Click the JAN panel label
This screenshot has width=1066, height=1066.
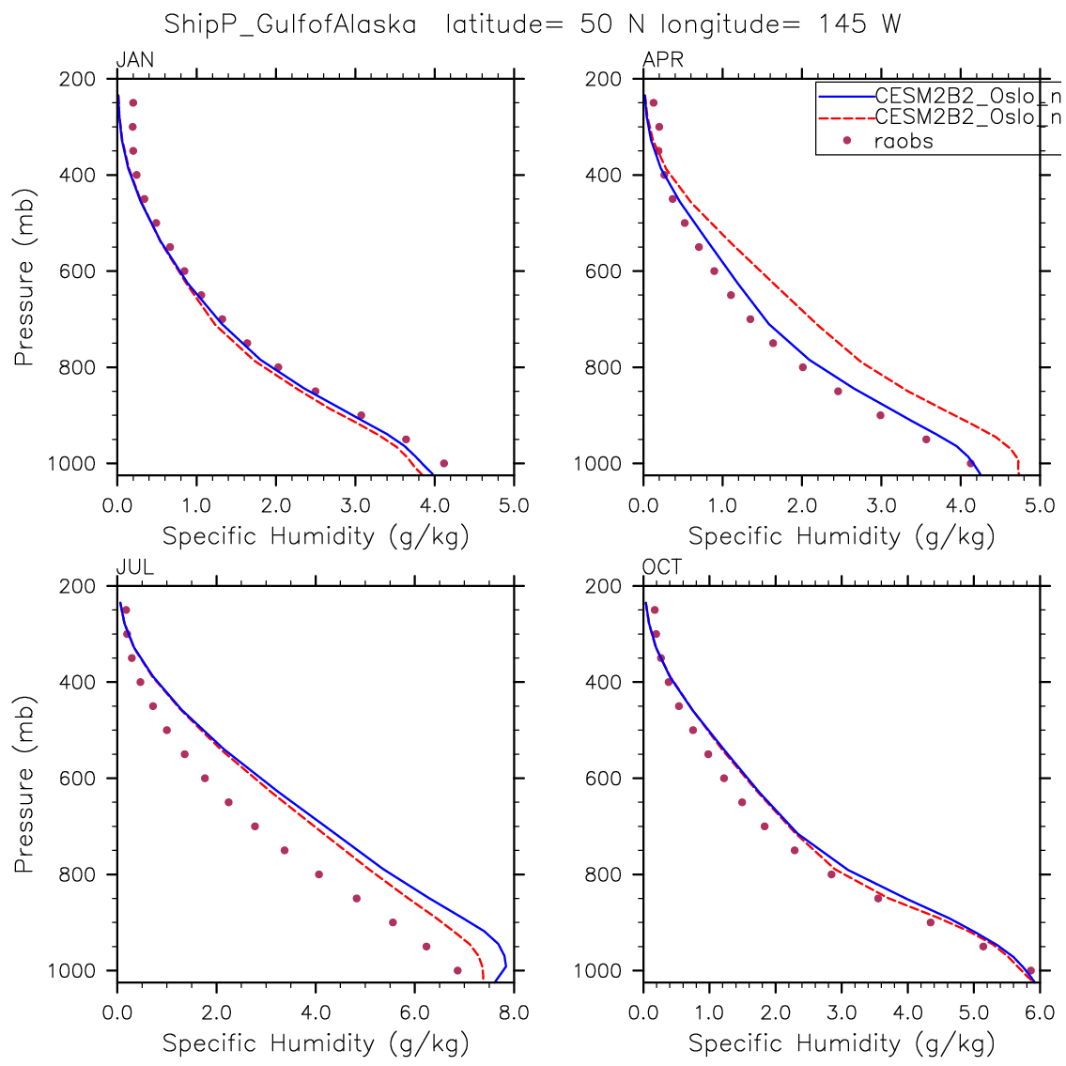[134, 61]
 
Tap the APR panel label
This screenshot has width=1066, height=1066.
[662, 61]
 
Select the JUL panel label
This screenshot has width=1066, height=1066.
[134, 568]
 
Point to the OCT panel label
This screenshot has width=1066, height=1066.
[662, 568]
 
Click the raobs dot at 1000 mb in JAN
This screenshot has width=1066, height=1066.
[443, 463]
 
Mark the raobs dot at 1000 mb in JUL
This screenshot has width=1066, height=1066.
[457, 970]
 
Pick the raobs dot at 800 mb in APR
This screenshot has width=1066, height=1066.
[802, 367]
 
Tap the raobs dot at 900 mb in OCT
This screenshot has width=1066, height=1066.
[931, 922]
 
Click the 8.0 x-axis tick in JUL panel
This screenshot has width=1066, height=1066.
[514, 1013]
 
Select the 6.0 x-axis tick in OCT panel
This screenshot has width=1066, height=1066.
[1040, 1013]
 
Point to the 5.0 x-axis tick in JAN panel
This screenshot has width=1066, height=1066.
[514, 506]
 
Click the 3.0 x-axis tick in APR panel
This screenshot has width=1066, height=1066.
[881, 506]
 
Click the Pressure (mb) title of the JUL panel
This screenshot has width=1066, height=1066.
[24, 784]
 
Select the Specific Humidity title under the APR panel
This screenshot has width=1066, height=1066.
[842, 536]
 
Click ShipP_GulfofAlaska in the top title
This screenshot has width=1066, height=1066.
[290, 24]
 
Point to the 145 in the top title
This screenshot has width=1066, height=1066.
[843, 24]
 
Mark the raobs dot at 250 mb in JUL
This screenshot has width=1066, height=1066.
[126, 610]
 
